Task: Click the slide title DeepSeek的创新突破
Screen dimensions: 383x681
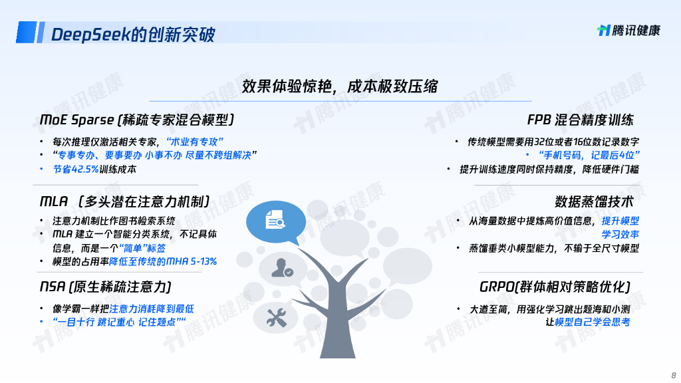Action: pyautogui.click(x=133, y=34)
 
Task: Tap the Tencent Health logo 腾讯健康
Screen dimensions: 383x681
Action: pyautogui.click(x=628, y=31)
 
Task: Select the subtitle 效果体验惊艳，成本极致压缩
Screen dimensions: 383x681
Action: pyautogui.click(x=340, y=86)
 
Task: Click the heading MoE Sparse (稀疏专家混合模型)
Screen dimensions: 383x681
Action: pyautogui.click(x=137, y=120)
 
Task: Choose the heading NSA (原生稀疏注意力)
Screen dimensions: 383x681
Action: pyautogui.click(x=106, y=287)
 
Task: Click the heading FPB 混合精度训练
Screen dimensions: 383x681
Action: pyautogui.click(x=580, y=120)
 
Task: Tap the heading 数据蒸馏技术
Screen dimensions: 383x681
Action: pyautogui.click(x=594, y=201)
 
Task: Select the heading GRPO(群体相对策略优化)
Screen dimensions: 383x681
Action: pyautogui.click(x=555, y=287)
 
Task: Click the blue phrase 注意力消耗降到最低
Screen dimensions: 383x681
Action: pyautogui.click(x=152, y=309)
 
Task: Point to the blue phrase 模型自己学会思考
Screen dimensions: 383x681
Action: pyautogui.click(x=592, y=322)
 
